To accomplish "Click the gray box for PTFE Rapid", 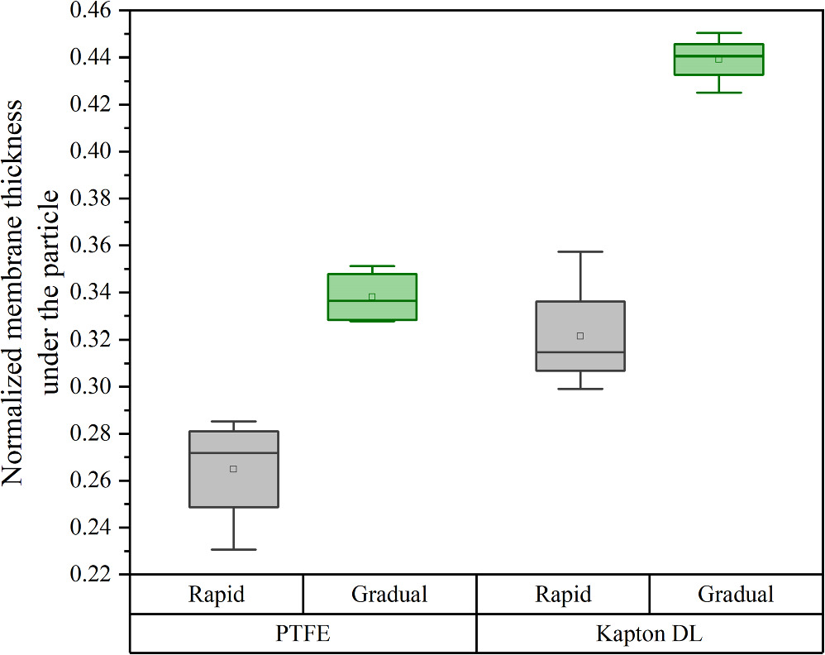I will (x=233, y=488).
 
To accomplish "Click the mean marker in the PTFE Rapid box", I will (x=233, y=469).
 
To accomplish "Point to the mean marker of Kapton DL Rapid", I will (x=580, y=336).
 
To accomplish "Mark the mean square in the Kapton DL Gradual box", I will (x=718, y=60).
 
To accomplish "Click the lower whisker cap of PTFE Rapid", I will (x=233, y=549).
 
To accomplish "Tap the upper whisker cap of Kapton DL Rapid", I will (x=579, y=251).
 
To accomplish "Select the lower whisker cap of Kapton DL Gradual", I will (x=718, y=93).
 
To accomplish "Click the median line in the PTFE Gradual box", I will (x=372, y=301).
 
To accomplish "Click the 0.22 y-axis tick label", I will (x=93, y=575).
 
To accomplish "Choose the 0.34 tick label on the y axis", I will (x=93, y=293).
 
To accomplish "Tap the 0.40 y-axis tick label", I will (x=93, y=152).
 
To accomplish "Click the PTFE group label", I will (x=303, y=634).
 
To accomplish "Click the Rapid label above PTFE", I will (x=217, y=595).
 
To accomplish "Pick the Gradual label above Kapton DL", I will (x=736, y=595).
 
